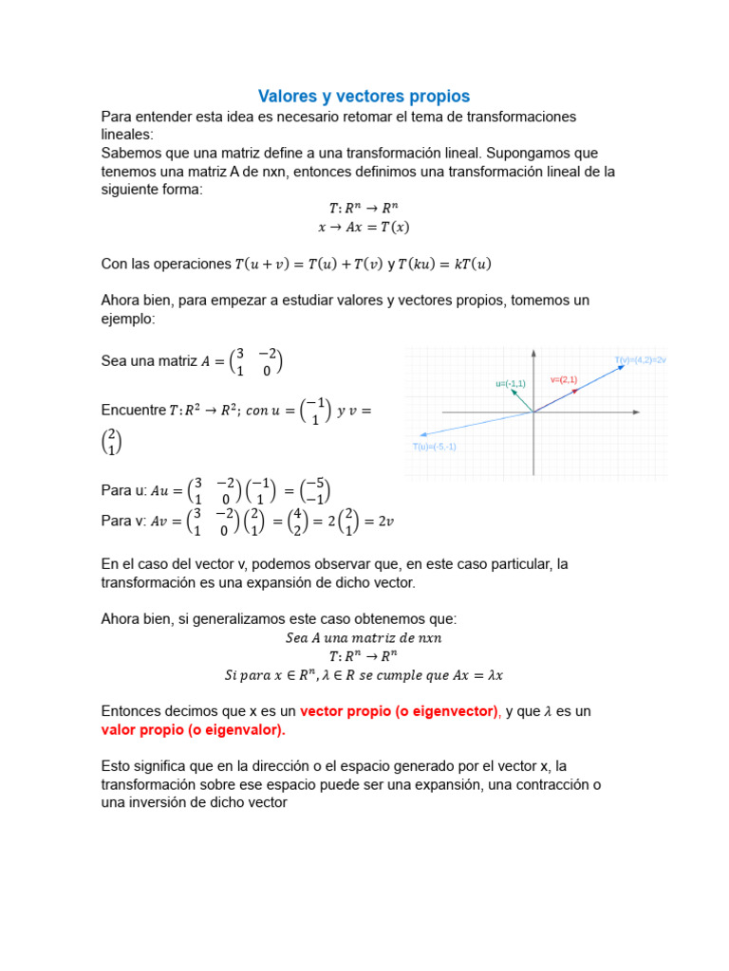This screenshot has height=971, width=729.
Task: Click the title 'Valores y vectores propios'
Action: [364, 97]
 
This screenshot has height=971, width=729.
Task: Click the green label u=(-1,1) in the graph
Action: [510, 383]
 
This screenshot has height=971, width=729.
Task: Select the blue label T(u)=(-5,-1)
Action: [434, 447]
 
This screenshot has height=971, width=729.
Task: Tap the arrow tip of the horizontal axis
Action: [662, 412]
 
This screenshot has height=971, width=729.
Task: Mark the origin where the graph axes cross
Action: [534, 412]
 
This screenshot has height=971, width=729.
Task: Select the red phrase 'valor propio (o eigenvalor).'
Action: [193, 730]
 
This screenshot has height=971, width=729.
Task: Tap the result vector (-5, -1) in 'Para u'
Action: [316, 490]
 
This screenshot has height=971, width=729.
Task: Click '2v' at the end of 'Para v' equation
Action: [384, 520]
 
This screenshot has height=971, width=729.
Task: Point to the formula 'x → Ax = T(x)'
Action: [364, 227]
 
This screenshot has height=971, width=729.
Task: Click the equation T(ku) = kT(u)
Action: [439, 264]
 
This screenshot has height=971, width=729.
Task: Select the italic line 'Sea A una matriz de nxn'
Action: [364, 638]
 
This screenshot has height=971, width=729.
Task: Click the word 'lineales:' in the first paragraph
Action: [133, 135]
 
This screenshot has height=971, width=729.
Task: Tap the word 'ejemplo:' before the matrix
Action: [127, 320]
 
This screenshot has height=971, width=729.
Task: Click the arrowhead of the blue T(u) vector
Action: [421, 434]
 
